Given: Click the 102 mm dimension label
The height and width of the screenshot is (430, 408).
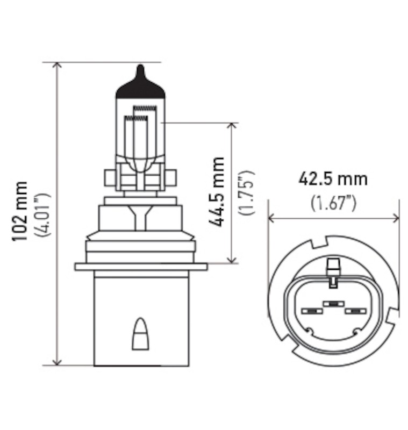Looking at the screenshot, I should [x=20, y=212].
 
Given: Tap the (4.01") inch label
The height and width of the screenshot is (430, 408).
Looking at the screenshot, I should [x=42, y=214].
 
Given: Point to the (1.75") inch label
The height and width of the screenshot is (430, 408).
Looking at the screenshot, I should [x=247, y=192].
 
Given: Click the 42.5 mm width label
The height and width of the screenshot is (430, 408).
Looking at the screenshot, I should [x=333, y=178].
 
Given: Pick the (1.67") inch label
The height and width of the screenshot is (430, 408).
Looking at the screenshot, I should [x=334, y=203].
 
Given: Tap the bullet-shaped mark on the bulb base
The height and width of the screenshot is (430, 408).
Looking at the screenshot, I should [x=140, y=334].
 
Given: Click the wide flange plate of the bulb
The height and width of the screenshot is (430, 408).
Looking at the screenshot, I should [x=141, y=267].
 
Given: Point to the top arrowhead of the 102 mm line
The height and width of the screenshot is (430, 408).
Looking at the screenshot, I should [x=58, y=66].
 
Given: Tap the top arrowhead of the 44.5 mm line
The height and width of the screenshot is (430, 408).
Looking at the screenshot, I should [x=232, y=126].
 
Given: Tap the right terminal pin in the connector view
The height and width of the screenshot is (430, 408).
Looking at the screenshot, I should [x=355, y=311].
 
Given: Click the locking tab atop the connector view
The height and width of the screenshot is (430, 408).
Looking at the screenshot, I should [x=333, y=267].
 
